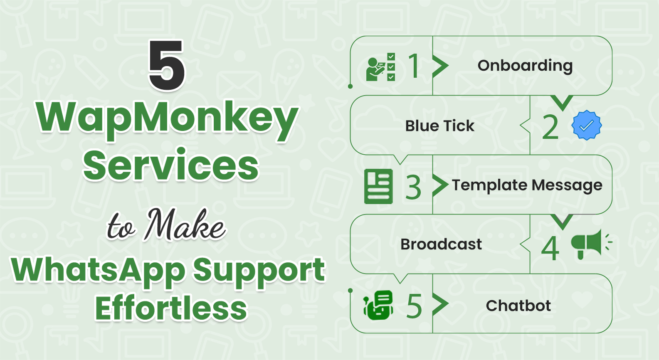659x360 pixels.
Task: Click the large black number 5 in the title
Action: tap(167, 66)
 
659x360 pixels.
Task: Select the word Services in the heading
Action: tap(171, 165)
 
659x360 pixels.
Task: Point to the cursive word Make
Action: tap(185, 225)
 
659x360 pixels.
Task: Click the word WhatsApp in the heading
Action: tap(98, 271)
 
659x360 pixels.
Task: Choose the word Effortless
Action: tap(171, 308)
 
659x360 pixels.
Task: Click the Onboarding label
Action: tap(525, 66)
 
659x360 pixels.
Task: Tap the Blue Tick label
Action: tap(439, 126)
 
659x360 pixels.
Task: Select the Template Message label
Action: tap(527, 185)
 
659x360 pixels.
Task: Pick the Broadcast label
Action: tap(441, 244)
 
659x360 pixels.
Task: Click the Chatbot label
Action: tap(518, 306)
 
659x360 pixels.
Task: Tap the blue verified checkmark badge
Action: tap(586, 125)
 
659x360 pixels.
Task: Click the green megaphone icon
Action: tap(588, 244)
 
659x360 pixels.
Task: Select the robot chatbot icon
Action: tap(378, 305)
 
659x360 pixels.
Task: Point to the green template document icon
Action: tap(378, 186)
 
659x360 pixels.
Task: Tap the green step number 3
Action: tap(413, 187)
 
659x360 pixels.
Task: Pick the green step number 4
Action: tap(550, 248)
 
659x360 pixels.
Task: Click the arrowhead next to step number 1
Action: tap(440, 66)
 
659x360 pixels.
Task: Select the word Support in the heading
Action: tap(259, 271)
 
